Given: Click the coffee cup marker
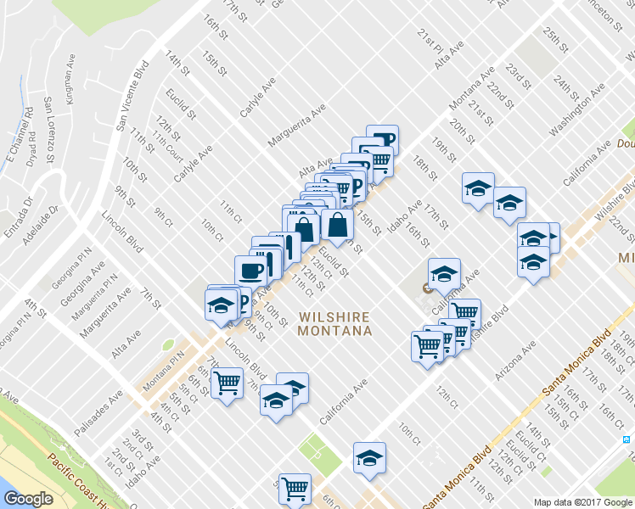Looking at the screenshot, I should (250, 271).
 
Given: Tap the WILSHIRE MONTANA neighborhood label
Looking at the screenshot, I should (334, 323).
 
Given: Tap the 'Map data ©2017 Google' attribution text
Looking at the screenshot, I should (582, 502).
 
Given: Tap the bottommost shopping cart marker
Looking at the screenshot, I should (295, 487).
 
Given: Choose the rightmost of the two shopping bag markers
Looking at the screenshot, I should (337, 224).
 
